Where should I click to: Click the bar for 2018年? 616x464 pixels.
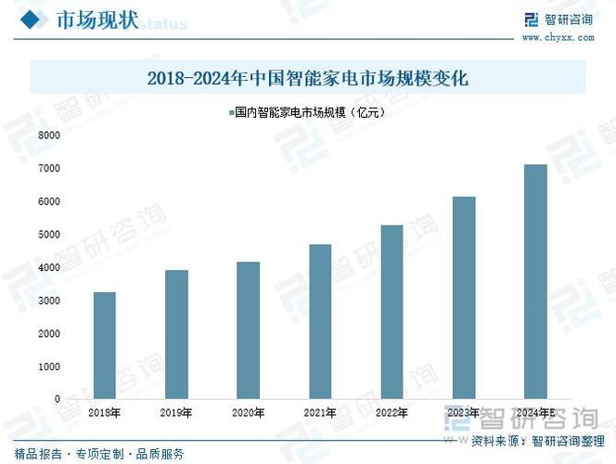105,345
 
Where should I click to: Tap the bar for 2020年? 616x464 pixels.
248,330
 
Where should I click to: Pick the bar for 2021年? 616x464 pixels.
319,321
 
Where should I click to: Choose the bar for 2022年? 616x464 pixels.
391,312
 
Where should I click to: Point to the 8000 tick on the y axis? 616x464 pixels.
49,135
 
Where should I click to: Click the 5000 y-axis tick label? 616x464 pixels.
49,235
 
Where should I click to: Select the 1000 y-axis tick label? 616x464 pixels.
49,367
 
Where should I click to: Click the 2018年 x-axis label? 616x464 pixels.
105,412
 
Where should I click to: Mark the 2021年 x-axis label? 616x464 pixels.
319,412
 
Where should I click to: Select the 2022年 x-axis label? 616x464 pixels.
391,412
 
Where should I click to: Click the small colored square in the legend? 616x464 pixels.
229,112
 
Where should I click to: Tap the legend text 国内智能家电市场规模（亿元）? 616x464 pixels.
310,112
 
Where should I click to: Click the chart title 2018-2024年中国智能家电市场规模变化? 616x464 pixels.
308,78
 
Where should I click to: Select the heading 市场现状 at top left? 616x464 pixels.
96,20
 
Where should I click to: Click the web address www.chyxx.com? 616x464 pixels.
557,38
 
